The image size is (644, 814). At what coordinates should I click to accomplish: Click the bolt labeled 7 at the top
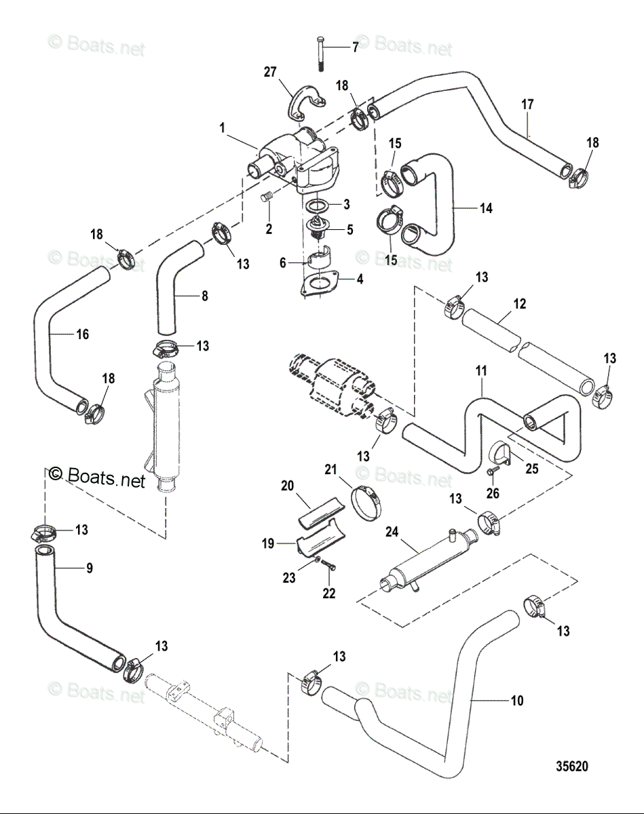click(x=320, y=54)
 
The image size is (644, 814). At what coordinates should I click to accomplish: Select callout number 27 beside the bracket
click(x=270, y=72)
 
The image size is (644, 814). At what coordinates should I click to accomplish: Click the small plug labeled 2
click(x=267, y=197)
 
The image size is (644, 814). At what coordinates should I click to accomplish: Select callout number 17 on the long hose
click(x=527, y=104)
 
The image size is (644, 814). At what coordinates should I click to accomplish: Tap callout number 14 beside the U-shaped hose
click(x=486, y=208)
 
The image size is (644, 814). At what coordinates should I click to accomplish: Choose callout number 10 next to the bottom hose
click(x=517, y=701)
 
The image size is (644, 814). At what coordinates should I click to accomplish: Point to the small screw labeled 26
click(x=492, y=471)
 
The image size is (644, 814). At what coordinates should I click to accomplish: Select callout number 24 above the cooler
click(x=392, y=532)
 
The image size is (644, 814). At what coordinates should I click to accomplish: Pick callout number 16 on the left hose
click(x=83, y=334)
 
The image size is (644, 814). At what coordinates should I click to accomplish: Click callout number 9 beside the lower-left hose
click(x=90, y=568)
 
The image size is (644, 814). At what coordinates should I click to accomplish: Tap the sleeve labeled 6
click(x=318, y=258)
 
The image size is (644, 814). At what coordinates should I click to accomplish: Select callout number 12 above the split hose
click(x=520, y=304)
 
